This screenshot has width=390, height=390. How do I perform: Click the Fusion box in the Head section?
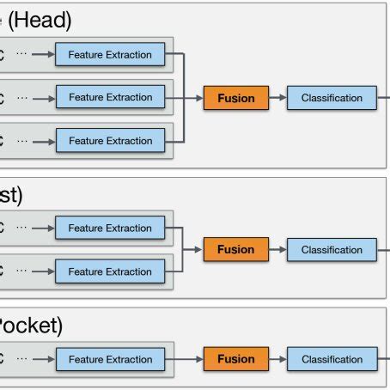click(x=236, y=98)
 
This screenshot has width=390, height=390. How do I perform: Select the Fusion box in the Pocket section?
click(x=236, y=359)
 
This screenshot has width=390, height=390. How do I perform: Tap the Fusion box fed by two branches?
click(x=236, y=250)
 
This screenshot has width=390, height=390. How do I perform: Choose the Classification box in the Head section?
click(x=332, y=98)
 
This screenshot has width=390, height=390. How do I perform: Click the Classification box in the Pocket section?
click(x=332, y=359)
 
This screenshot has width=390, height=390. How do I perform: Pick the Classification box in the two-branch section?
click(x=332, y=250)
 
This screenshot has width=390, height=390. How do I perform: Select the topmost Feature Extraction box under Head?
click(x=110, y=55)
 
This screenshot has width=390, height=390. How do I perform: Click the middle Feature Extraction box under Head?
click(x=110, y=98)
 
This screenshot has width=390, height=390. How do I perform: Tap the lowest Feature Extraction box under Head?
click(x=110, y=140)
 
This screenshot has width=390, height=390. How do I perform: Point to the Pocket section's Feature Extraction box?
click(x=110, y=359)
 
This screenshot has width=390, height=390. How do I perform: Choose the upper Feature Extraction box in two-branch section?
click(x=110, y=229)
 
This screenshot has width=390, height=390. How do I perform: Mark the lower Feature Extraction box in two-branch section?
click(x=110, y=271)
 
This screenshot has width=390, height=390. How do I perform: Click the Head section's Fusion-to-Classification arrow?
click(x=277, y=98)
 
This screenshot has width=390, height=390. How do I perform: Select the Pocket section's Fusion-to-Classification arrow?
click(x=277, y=359)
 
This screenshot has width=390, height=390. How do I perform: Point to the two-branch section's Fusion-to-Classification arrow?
click(x=277, y=250)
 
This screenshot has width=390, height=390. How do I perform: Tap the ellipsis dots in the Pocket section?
click(x=23, y=359)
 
